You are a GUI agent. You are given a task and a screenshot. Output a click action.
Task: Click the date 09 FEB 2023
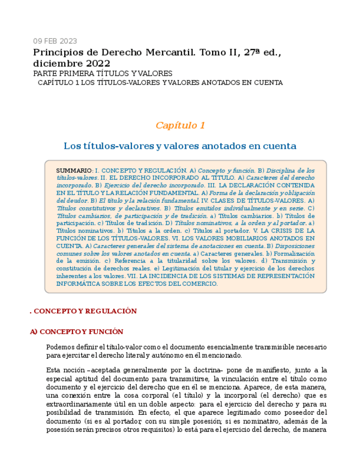pyautogui.click(x=55, y=41)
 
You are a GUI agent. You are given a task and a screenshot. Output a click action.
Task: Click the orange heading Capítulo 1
pyautogui.click(x=180, y=125)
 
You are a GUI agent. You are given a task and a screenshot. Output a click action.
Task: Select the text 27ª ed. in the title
pyautogui.click(x=259, y=53)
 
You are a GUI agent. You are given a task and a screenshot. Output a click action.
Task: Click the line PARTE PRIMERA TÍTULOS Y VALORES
pyautogui.click(x=103, y=74)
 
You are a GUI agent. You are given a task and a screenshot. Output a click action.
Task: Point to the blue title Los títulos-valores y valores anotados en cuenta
pyautogui.click(x=180, y=146)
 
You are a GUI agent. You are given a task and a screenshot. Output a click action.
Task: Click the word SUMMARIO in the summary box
pyautogui.click(x=74, y=171)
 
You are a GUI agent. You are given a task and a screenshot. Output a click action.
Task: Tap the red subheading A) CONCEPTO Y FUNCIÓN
pyautogui.click(x=76, y=332)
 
